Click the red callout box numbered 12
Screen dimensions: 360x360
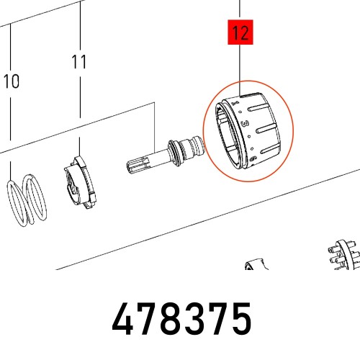240,32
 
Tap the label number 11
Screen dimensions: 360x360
79,62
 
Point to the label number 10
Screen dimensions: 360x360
11,81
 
